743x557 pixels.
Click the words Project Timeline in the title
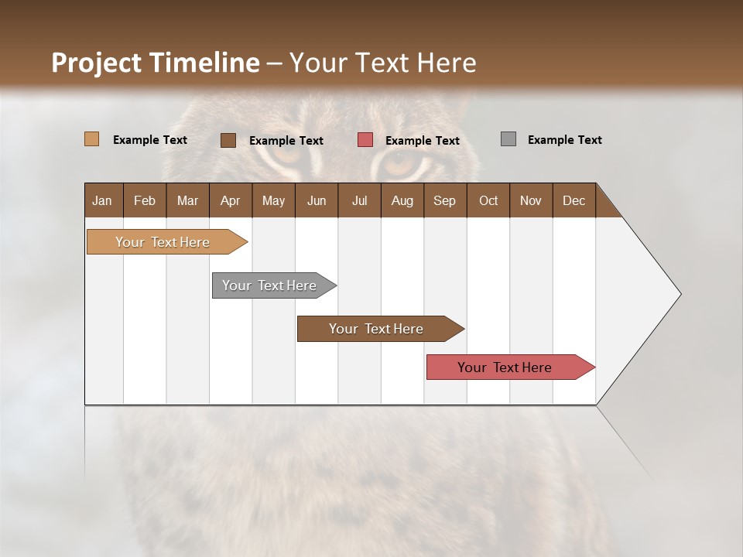click(x=155, y=63)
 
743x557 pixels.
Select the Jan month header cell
click(x=103, y=200)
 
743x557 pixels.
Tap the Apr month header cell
click(x=231, y=200)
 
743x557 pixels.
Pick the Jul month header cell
click(x=359, y=200)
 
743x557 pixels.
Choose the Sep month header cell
click(x=445, y=200)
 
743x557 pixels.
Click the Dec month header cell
click(x=574, y=200)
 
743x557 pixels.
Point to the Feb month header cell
click(x=145, y=200)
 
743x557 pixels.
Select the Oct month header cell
click(x=488, y=200)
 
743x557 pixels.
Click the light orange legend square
click(x=91, y=139)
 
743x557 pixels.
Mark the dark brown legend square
click(x=228, y=140)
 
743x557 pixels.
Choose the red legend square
click(x=365, y=139)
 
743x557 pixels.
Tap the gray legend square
click(x=508, y=139)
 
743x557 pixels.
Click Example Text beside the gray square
click(x=564, y=140)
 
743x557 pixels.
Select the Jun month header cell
click(x=317, y=200)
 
